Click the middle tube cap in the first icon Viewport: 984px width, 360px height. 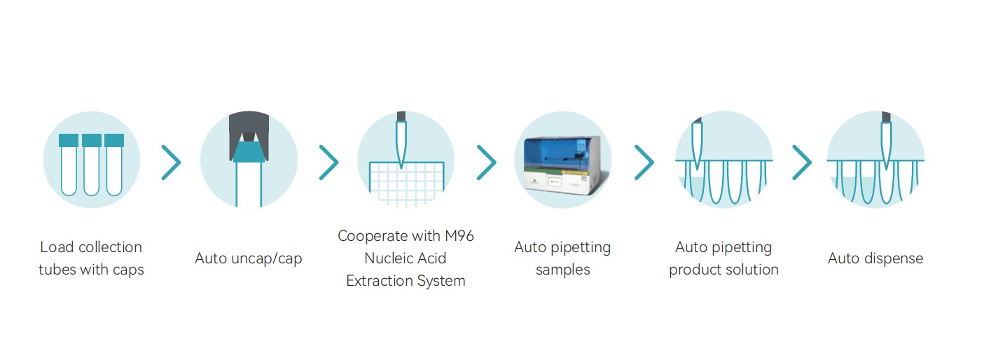(x=91, y=140)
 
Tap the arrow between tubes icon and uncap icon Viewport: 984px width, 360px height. (x=171, y=162)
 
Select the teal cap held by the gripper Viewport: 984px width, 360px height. (x=249, y=152)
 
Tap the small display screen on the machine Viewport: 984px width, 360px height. (x=555, y=181)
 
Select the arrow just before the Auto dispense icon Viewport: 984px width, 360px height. (x=802, y=162)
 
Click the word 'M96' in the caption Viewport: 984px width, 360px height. (x=459, y=236)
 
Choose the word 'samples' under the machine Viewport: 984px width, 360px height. (x=562, y=270)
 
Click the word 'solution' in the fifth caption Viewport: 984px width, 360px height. (x=751, y=270)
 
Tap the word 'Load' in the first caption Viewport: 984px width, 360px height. (x=57, y=247)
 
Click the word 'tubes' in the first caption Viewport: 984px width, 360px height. (x=57, y=270)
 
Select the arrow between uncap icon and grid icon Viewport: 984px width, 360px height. (x=328, y=162)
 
